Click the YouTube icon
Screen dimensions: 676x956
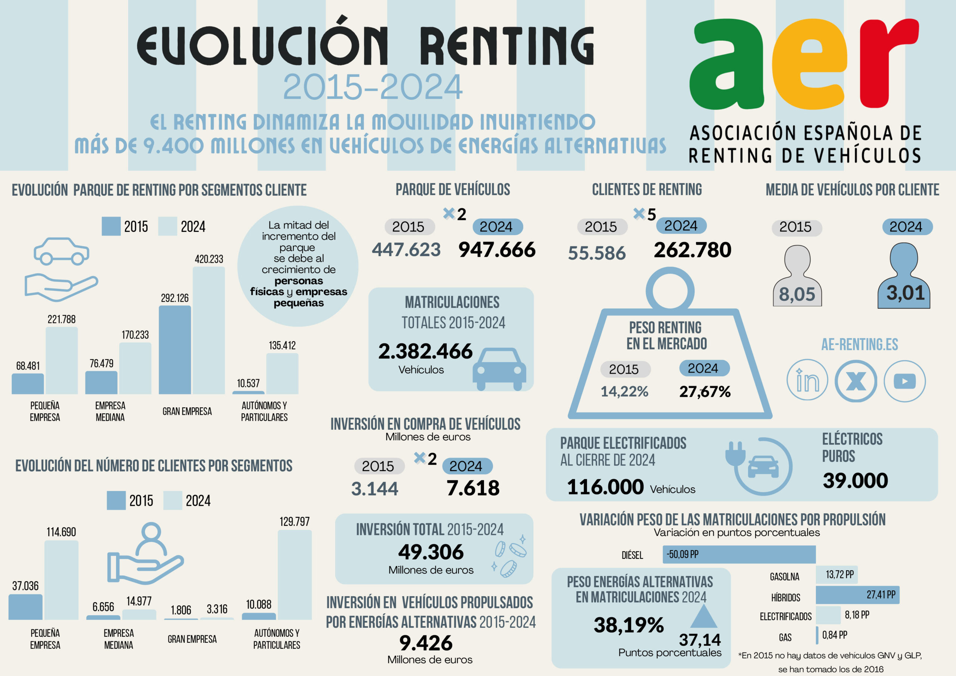[904, 381]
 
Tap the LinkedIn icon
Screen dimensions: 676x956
[807, 380]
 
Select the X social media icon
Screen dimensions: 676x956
[856, 381]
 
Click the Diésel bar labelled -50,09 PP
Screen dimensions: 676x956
[739, 554]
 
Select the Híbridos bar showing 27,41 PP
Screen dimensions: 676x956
[857, 595]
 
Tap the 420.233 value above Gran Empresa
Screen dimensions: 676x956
[209, 259]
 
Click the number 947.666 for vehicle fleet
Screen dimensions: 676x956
[497, 250]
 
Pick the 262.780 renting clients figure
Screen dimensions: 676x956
[692, 250]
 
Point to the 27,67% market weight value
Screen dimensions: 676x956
[705, 391]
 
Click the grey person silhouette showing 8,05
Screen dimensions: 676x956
[797, 277]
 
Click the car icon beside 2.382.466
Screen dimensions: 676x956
[499, 368]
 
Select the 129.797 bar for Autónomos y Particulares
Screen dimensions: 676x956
[294, 574]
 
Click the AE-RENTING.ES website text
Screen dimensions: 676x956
[859, 345]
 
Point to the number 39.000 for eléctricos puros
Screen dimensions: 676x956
[855, 481]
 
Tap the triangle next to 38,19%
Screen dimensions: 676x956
[703, 617]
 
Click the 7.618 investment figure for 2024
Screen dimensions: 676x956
[473, 488]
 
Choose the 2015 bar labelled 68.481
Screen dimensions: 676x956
[28, 383]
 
